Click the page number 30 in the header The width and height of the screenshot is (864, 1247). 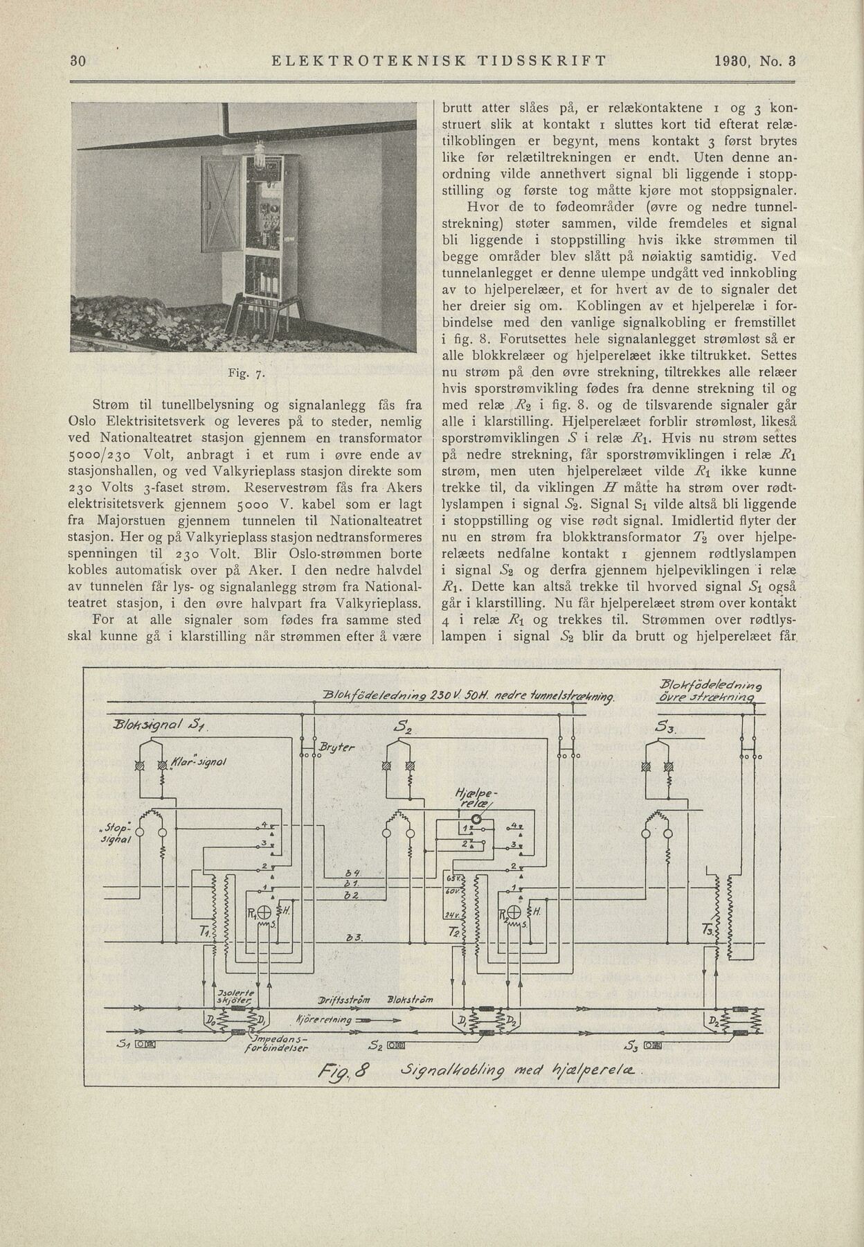78,61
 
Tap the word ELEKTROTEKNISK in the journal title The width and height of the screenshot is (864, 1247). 368,61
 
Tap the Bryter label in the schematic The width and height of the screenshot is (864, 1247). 338,748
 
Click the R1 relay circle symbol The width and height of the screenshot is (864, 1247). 266,912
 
